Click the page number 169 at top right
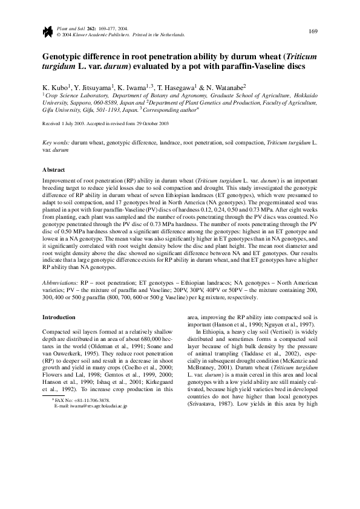click(313, 31)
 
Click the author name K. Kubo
click(54, 87)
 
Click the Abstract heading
click(53, 170)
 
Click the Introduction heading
click(59, 317)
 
